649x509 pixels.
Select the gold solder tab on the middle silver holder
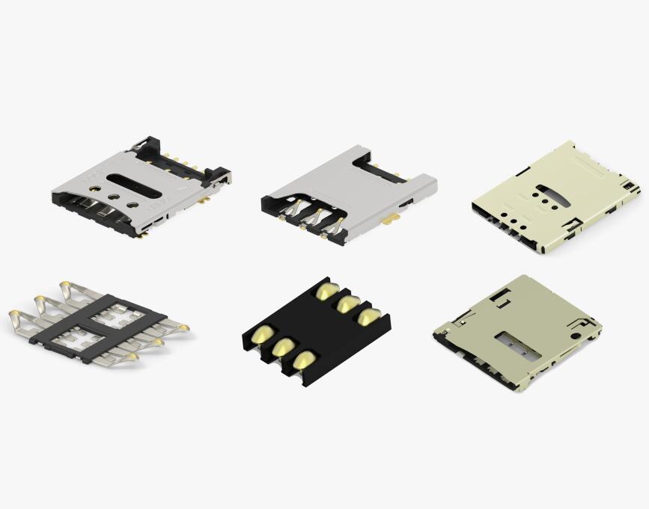click(389, 220)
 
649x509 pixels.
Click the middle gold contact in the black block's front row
click(283, 346)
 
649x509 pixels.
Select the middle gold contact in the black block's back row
click(347, 304)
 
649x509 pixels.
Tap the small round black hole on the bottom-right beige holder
click(573, 334)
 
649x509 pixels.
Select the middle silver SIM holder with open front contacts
click(348, 196)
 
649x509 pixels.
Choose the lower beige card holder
click(517, 333)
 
